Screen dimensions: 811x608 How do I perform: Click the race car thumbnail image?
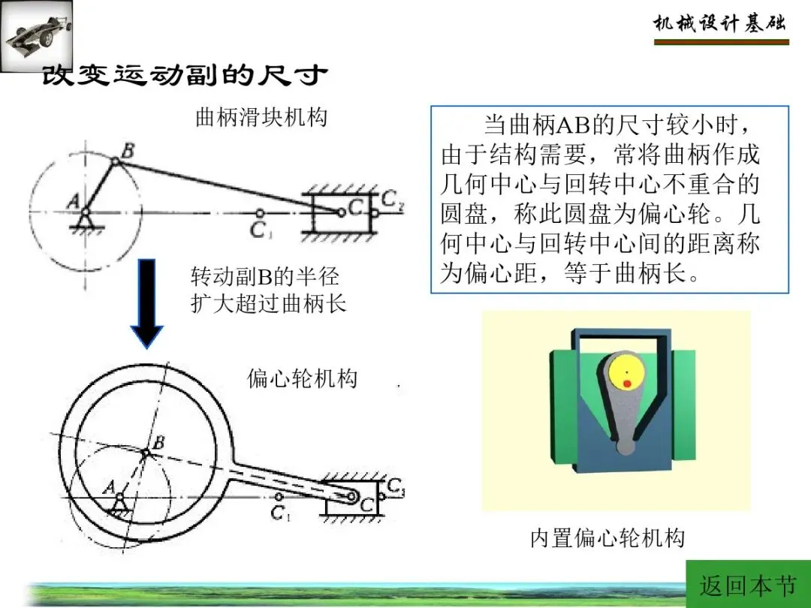coord(36,35)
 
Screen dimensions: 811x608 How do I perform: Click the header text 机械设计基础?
coord(720,23)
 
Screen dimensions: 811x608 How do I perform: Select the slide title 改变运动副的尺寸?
coord(185,76)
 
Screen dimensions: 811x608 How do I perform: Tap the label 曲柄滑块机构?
coord(261,117)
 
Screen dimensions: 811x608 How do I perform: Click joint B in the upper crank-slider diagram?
coord(116,162)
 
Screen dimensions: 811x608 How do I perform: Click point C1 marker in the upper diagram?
coord(260,212)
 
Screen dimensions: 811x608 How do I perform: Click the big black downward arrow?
coord(147,303)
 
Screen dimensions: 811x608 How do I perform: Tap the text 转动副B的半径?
coord(265,276)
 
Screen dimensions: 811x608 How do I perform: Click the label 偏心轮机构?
coord(302,378)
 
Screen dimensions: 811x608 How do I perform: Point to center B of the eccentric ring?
coord(146,453)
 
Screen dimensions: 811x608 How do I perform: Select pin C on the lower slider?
coord(351,497)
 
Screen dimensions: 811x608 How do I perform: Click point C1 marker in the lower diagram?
coord(279,497)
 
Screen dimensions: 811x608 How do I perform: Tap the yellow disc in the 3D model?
coord(627,373)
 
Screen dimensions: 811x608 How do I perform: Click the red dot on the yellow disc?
coord(627,384)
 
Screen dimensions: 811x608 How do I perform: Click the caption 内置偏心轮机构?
coord(607,537)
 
